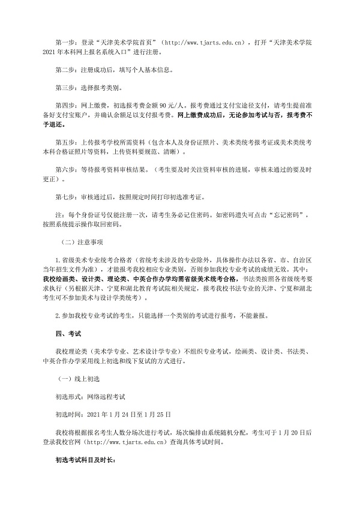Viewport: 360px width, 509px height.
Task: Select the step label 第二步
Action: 64,69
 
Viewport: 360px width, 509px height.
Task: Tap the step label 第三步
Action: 64,87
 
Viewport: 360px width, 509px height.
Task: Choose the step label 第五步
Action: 64,145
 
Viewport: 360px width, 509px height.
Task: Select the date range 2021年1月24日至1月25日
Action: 129,414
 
